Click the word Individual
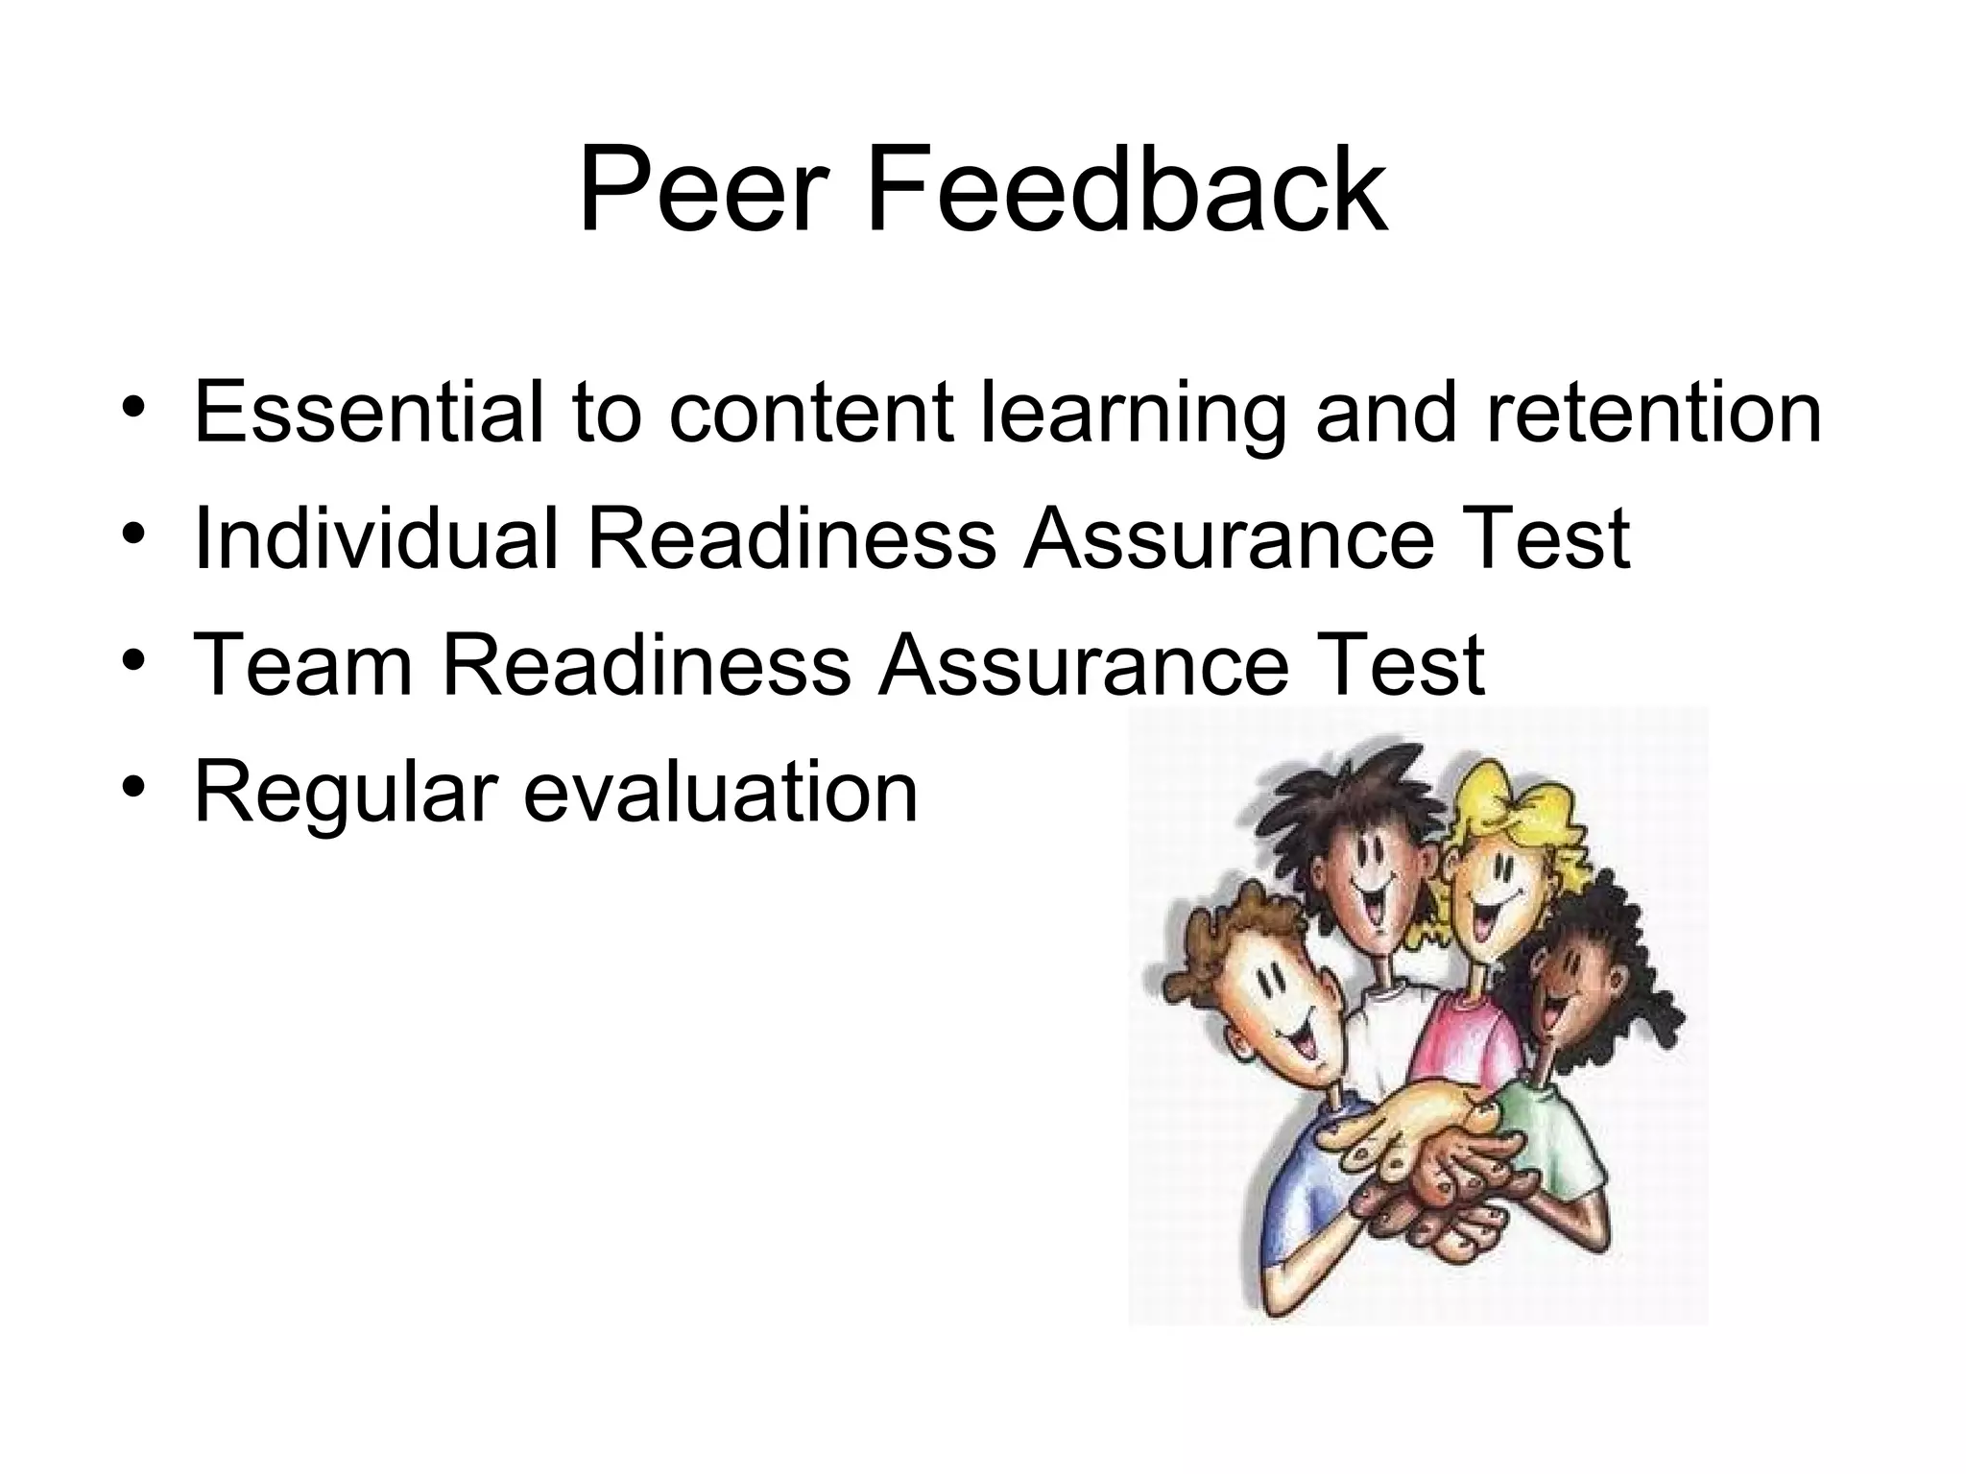(x=375, y=538)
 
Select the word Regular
(x=345, y=796)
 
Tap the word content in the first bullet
(x=812, y=415)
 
